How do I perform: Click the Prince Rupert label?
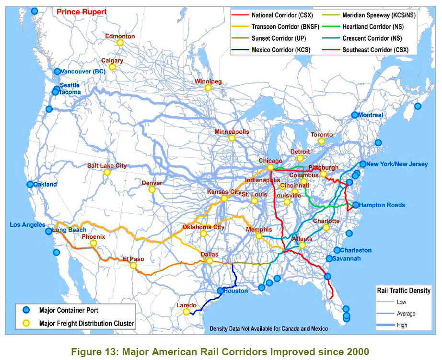(x=81, y=11)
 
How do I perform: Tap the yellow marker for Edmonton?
(x=120, y=43)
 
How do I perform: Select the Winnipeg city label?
(x=208, y=81)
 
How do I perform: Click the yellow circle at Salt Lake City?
(x=107, y=172)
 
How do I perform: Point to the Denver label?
(x=151, y=183)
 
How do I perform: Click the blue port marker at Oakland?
(x=30, y=184)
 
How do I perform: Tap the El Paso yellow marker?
(x=133, y=266)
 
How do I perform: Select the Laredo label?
(x=186, y=305)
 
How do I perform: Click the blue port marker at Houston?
(x=221, y=291)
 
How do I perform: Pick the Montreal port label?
(x=371, y=115)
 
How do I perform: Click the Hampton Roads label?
(x=382, y=205)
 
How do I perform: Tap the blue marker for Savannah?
(x=329, y=259)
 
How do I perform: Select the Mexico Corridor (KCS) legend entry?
(x=281, y=49)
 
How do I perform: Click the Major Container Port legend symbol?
(x=26, y=309)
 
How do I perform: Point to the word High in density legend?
(x=402, y=325)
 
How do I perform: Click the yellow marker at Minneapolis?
(x=232, y=138)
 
